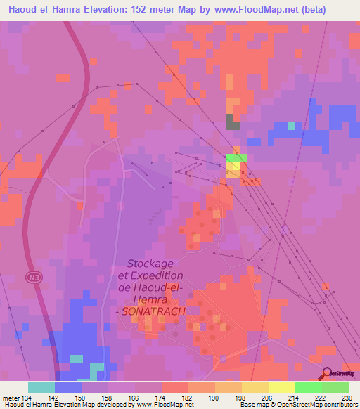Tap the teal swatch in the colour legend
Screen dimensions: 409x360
click(41, 387)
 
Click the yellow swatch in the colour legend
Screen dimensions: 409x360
click(282, 387)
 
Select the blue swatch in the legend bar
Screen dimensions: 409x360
click(68, 387)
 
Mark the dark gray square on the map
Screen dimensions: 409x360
click(233, 122)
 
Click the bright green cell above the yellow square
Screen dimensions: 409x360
click(236, 158)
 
